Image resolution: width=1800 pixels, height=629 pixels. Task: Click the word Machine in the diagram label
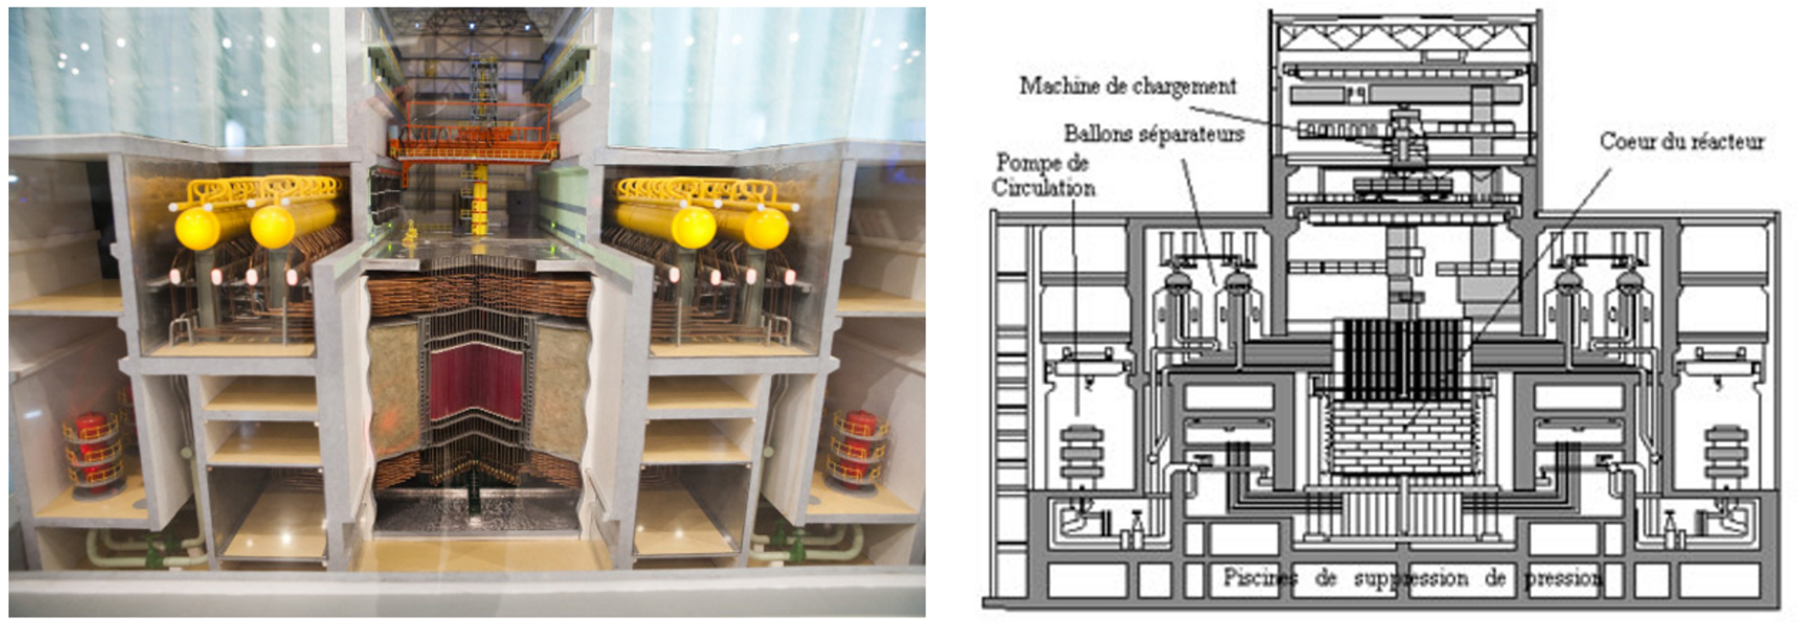click(1057, 86)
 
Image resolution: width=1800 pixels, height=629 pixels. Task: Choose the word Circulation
click(1044, 188)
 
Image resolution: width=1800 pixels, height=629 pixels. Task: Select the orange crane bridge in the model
click(473, 148)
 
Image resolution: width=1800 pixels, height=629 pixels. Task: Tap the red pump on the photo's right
click(857, 448)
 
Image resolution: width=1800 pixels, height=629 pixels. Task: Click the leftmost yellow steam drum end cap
click(196, 228)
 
